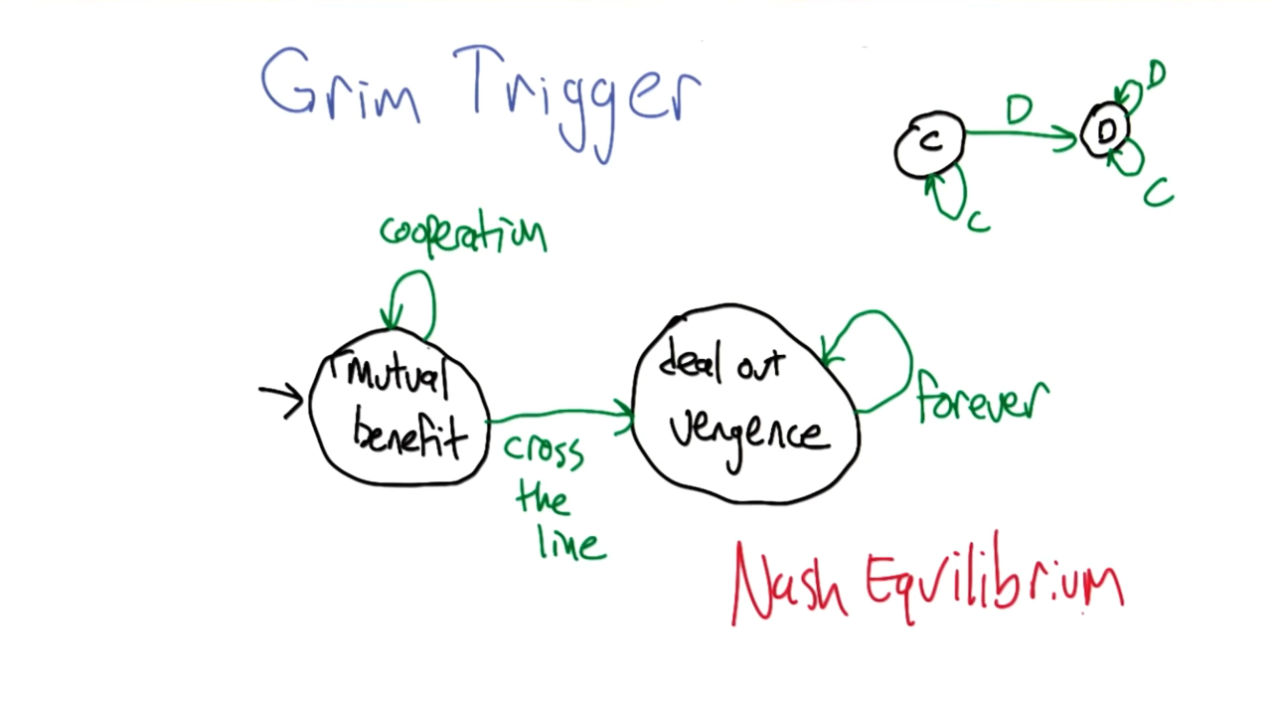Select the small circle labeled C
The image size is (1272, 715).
point(929,145)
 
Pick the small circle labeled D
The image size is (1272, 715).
point(1105,130)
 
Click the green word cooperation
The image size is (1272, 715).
point(463,233)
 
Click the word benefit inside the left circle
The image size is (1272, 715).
point(409,435)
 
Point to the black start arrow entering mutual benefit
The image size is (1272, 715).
point(280,398)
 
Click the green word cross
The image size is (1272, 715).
point(544,451)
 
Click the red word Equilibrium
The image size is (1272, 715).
point(994,582)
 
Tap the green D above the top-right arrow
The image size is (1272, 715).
point(1019,109)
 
